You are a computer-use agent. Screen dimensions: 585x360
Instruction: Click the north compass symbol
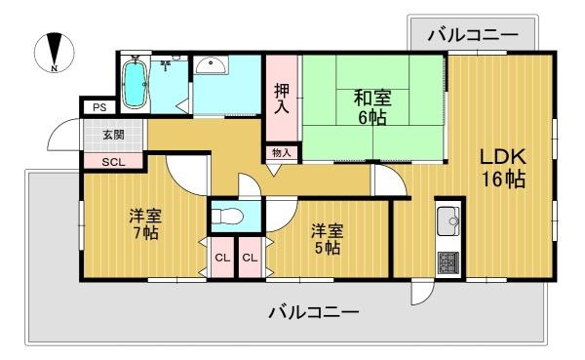click(x=55, y=52)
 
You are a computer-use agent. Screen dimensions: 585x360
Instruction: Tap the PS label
click(x=99, y=108)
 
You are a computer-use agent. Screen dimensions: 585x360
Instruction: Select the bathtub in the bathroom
click(x=134, y=83)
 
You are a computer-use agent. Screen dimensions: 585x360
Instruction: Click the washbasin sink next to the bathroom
click(x=212, y=66)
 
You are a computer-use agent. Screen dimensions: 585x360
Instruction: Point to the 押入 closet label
click(x=282, y=99)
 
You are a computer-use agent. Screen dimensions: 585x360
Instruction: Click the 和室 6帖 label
click(x=372, y=107)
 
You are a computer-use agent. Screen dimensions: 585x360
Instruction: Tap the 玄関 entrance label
click(x=113, y=135)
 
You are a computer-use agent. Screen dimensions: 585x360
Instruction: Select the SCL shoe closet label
click(x=113, y=163)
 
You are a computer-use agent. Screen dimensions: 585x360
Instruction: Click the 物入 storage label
click(x=282, y=152)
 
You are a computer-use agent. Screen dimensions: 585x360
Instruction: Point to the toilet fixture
click(x=227, y=216)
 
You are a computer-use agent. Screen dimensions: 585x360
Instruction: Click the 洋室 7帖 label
click(x=145, y=224)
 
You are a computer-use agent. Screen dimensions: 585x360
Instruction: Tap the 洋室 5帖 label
click(x=328, y=239)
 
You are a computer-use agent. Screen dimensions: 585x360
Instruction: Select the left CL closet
click(x=222, y=258)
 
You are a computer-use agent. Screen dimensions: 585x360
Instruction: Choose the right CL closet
click(x=250, y=258)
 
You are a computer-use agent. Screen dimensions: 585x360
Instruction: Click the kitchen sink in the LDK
click(x=449, y=220)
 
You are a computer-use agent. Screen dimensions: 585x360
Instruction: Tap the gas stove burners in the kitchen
click(x=449, y=262)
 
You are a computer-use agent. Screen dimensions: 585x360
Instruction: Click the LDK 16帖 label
click(x=503, y=168)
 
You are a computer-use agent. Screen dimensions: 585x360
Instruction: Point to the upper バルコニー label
click(x=473, y=36)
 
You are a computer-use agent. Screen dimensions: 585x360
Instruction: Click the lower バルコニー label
click(x=314, y=312)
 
